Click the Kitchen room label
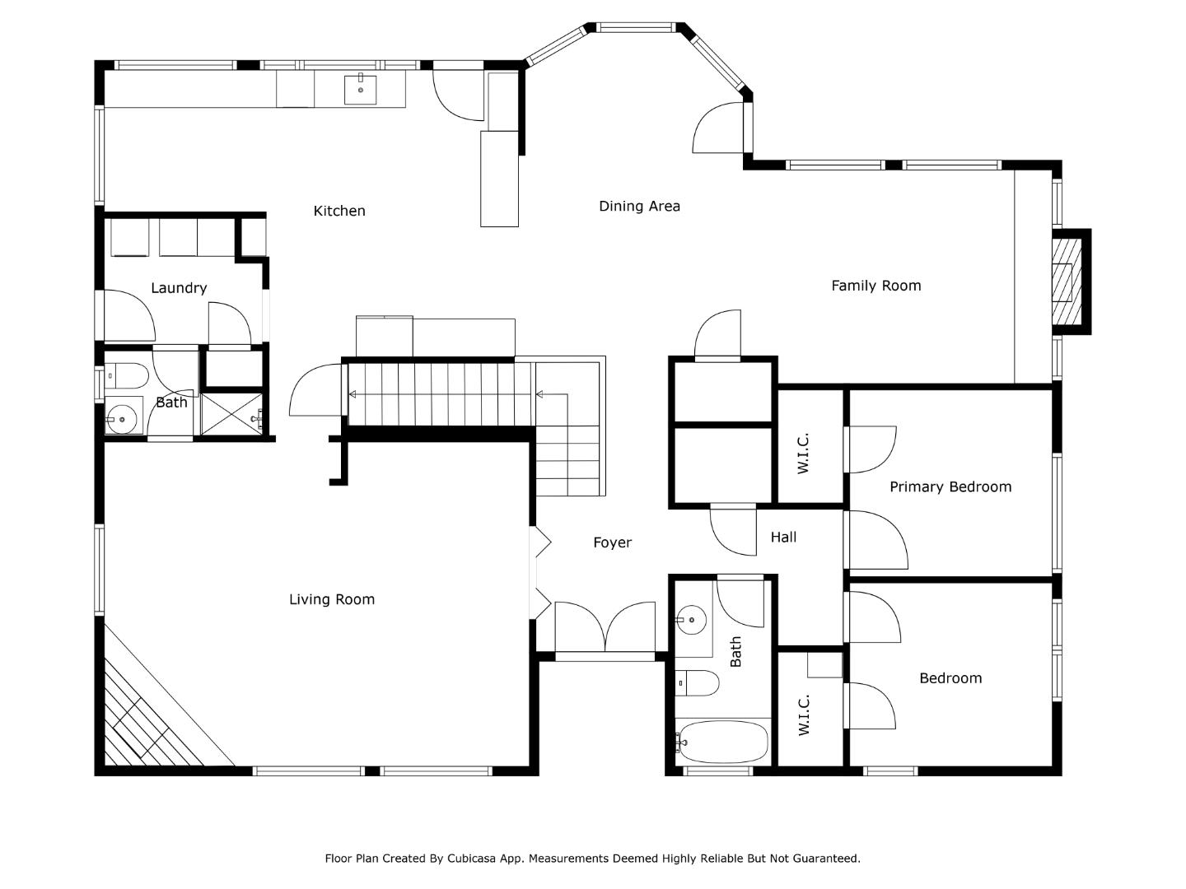click(x=339, y=211)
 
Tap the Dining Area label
click(x=639, y=206)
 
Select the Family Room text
click(x=875, y=286)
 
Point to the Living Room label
click(x=331, y=599)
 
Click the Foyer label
click(x=612, y=542)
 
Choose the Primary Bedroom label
click(x=950, y=486)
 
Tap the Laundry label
click(x=178, y=287)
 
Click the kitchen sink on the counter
click(x=360, y=90)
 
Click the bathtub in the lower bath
click(x=722, y=742)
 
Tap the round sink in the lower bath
click(x=692, y=619)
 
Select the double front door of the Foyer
click(x=605, y=630)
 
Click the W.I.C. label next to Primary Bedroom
click(x=804, y=452)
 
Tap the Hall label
click(x=783, y=537)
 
